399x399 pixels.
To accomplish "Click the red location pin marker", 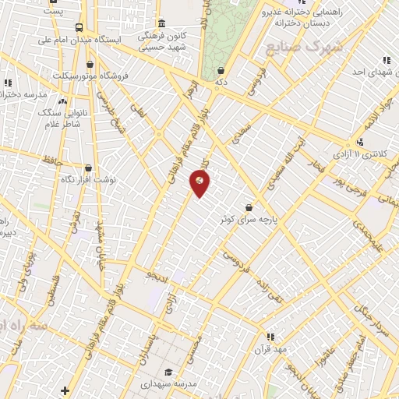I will [199, 182].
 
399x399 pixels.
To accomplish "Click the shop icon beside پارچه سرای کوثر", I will [249, 207].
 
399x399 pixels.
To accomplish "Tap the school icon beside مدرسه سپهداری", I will [169, 373].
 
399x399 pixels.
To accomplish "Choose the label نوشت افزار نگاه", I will [89, 179].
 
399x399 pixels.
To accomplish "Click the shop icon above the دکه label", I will [221, 69].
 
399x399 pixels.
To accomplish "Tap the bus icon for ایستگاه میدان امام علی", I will [78, 28].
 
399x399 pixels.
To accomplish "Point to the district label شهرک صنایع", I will [304, 47].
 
